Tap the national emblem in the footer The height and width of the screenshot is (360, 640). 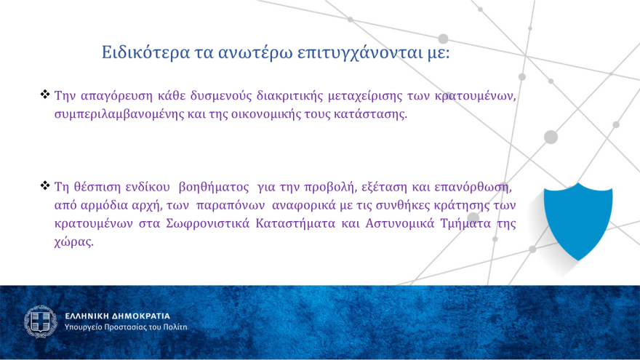[40, 321]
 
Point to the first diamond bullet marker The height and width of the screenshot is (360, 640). [45, 95]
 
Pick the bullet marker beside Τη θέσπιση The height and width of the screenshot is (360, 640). [45, 186]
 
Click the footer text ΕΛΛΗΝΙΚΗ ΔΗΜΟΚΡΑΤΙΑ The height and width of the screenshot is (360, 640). [117, 316]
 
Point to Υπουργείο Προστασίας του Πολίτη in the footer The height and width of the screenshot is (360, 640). [126, 327]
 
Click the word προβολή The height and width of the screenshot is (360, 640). [324, 187]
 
